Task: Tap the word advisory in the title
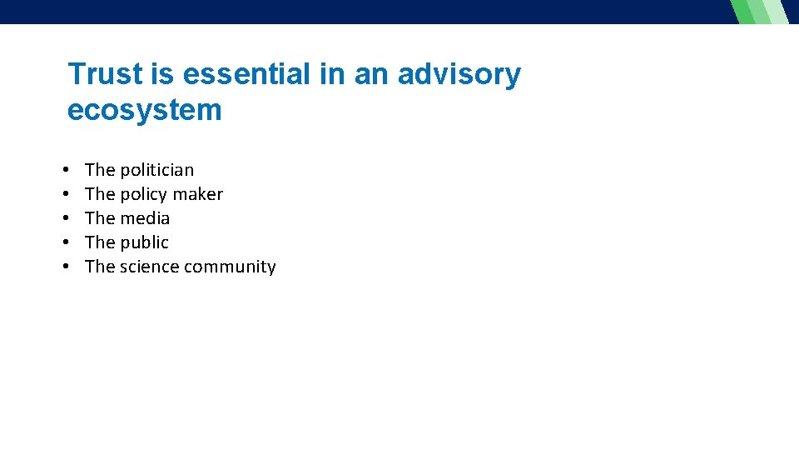459,74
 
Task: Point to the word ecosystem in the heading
145,110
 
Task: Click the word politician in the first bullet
156,170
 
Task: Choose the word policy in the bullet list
143,194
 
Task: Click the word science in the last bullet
149,267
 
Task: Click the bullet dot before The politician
66,171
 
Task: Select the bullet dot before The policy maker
66,195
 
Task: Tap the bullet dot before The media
66,219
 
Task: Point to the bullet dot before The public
66,243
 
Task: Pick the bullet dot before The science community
66,267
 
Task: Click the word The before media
100,218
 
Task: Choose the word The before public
100,242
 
